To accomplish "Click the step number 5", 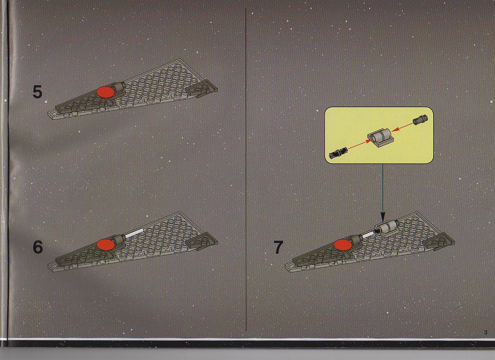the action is pos(37,92).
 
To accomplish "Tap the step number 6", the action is pos(38,247).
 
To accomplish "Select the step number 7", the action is pos(278,247).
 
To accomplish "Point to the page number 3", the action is pos(486,332).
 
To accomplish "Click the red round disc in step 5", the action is pos(106,92).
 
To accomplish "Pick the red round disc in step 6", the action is pos(106,245).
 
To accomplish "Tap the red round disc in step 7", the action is pos(343,245).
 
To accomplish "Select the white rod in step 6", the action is pos(134,234).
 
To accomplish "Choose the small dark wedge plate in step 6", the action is pos(201,241).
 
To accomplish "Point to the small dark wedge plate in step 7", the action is pos(439,242).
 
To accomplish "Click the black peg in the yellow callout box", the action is pos(338,152).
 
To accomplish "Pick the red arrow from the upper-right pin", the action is pos(402,127).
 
